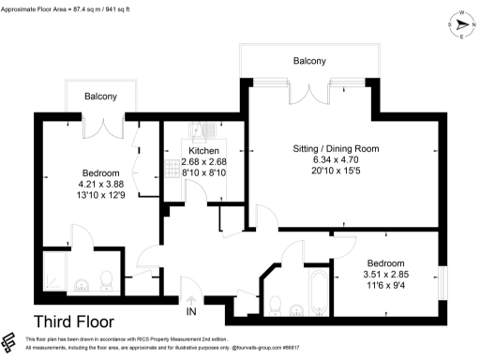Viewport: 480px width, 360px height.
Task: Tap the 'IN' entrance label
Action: coord(191,311)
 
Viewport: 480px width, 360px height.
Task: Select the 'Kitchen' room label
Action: coord(203,151)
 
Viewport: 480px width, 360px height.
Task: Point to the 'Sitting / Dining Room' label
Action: coord(335,148)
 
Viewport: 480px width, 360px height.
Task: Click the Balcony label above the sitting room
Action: coord(309,61)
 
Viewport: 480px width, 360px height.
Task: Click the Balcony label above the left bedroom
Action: coord(101,97)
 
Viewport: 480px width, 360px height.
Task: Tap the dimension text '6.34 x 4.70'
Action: coord(335,159)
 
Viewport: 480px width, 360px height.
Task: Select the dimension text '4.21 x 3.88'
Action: coord(101,184)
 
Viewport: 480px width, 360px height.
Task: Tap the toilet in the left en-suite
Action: coord(106,279)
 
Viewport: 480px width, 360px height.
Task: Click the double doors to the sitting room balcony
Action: coord(310,95)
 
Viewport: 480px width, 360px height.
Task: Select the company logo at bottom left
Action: coord(11,341)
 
